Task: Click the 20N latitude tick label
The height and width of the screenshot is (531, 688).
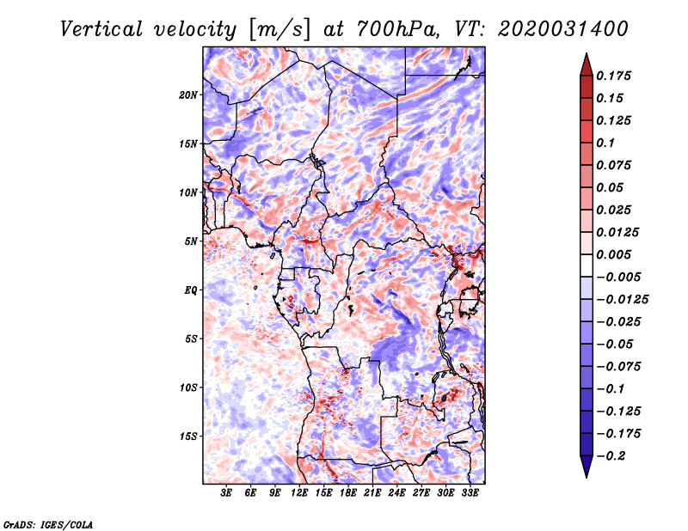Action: point(188,95)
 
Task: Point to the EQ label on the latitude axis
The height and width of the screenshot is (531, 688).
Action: point(191,290)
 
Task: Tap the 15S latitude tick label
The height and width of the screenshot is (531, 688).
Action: point(188,436)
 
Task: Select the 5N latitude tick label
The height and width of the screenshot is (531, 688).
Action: point(191,241)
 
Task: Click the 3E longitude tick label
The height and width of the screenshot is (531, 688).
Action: point(225,493)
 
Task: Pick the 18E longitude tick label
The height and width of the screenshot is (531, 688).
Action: point(347,493)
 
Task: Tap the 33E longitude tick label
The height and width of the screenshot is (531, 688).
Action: point(470,493)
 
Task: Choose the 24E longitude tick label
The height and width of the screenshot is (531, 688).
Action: point(396,493)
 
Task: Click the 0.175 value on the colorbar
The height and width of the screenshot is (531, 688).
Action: point(613,76)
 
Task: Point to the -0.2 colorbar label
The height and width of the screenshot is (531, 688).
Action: point(611,456)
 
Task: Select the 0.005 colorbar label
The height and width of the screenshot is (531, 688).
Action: point(613,254)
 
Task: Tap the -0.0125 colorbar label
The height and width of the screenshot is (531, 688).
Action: point(622,300)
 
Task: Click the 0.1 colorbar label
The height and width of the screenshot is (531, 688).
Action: point(605,143)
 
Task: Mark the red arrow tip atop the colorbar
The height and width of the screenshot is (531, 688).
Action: point(587,53)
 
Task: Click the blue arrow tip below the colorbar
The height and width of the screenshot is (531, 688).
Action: point(587,477)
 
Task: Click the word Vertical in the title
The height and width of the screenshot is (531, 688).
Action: point(101,29)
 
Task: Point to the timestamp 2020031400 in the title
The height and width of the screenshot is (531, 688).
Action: point(563,29)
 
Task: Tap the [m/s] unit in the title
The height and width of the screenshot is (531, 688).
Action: point(279,30)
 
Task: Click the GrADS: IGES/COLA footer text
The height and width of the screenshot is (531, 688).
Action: point(48,524)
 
